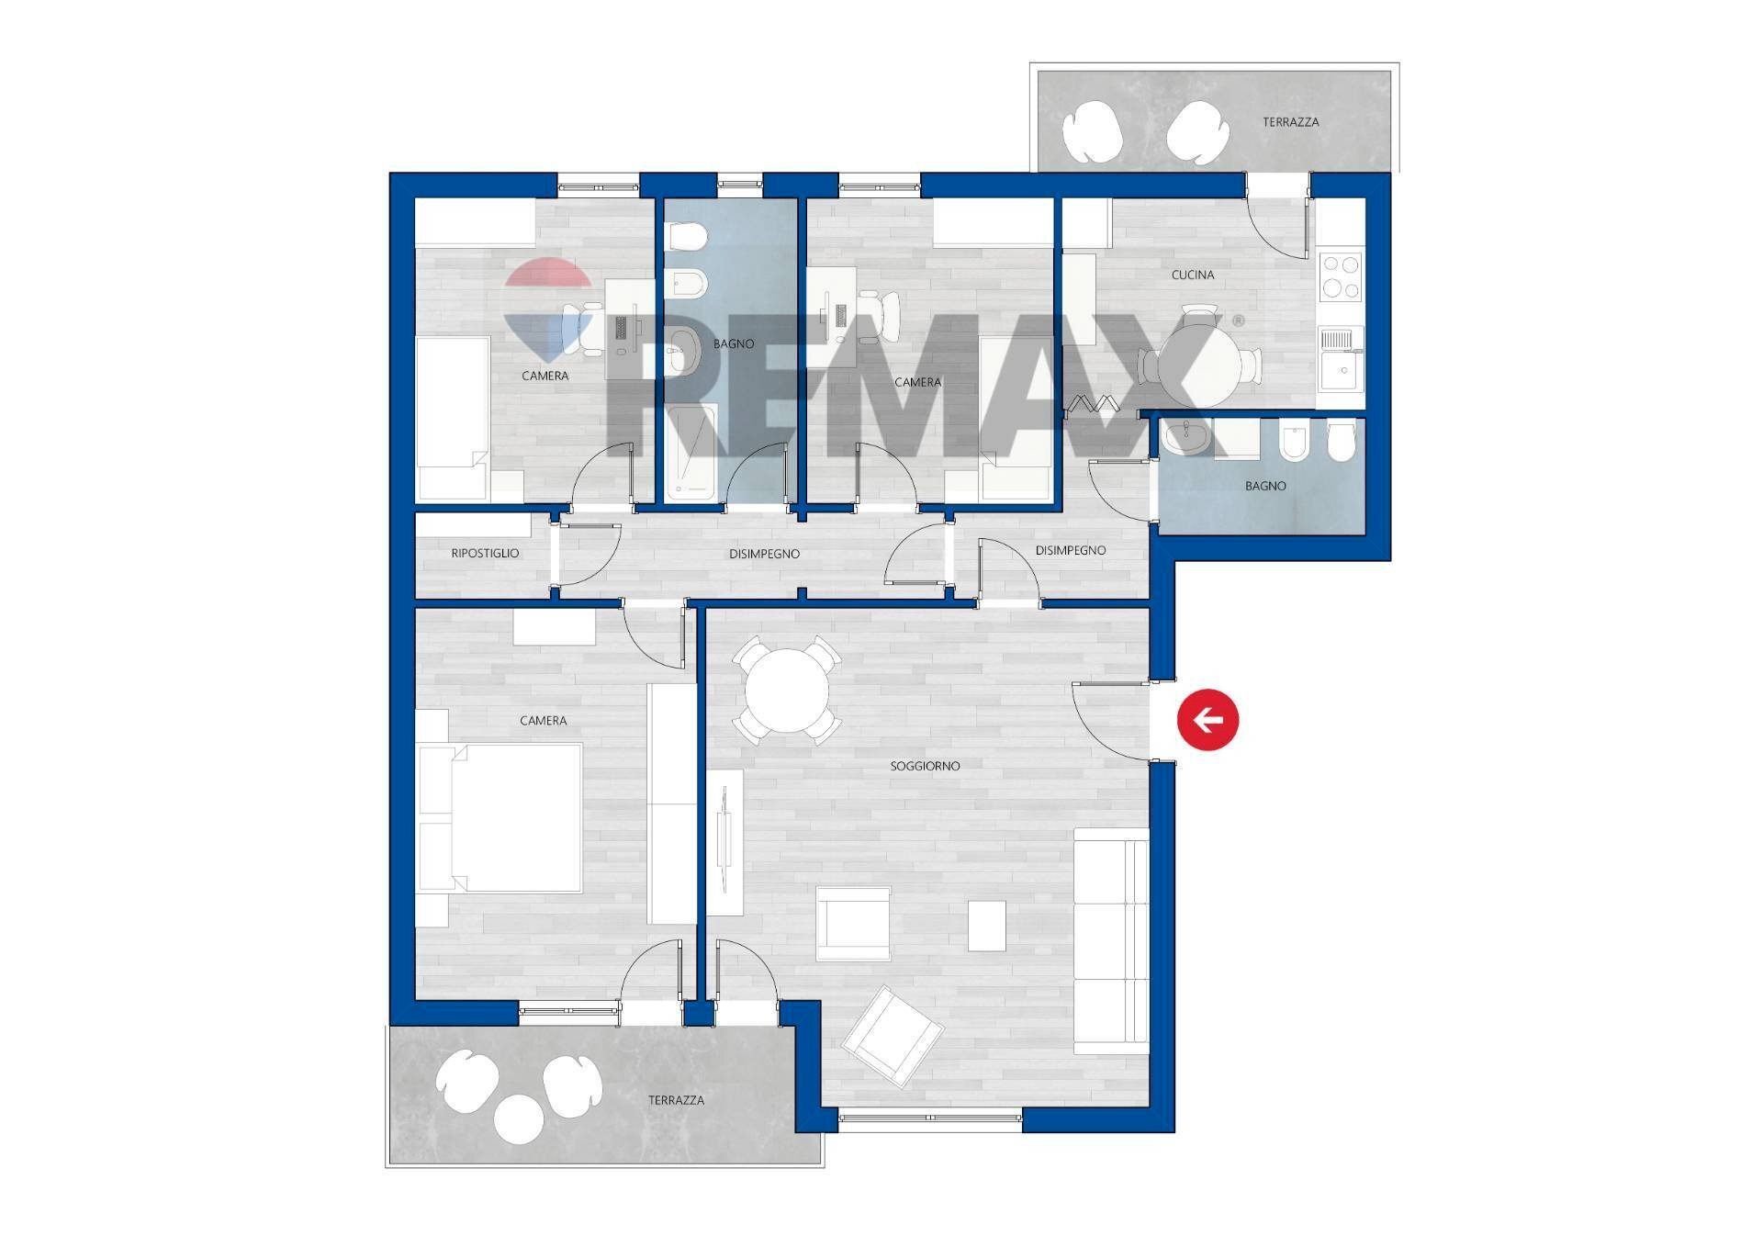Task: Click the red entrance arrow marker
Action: (1207, 719)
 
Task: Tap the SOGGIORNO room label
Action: (925, 766)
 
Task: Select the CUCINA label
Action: (1193, 275)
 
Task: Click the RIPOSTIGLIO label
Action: (485, 553)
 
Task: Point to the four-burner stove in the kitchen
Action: (1341, 277)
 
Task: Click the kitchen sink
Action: (1341, 357)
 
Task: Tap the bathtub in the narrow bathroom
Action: (691, 454)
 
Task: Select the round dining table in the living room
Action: (786, 690)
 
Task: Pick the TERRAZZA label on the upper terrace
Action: (1290, 121)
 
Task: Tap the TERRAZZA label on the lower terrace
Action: (676, 1099)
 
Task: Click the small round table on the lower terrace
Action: (519, 1118)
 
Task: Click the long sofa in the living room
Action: (1111, 940)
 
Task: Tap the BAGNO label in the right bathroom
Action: (1265, 486)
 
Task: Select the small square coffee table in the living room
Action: (987, 926)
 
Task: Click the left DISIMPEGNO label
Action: (764, 554)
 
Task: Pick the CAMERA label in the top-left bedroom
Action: (545, 376)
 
